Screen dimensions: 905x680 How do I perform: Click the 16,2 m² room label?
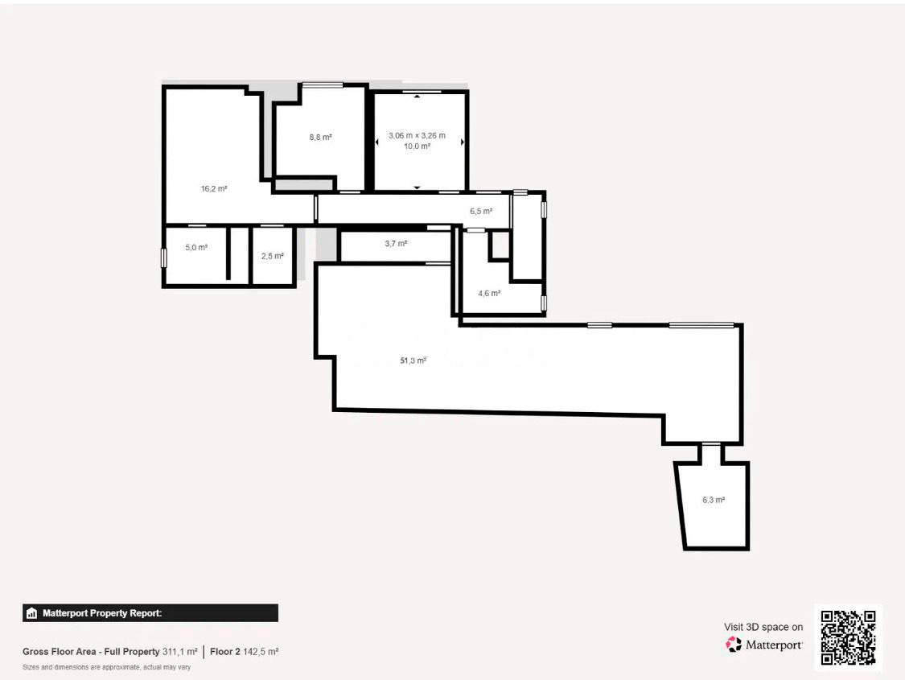pyautogui.click(x=213, y=189)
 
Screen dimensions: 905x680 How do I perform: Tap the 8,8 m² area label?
pyautogui.click(x=320, y=138)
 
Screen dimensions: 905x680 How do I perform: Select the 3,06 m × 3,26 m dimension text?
pyautogui.click(x=417, y=136)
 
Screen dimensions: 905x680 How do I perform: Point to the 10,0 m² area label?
pyautogui.click(x=417, y=146)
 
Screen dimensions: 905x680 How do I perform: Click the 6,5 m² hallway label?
pyautogui.click(x=481, y=212)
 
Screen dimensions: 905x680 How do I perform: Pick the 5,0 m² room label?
pyautogui.click(x=196, y=248)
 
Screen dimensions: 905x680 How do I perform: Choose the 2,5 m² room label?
pyautogui.click(x=273, y=256)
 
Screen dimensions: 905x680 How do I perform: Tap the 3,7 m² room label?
pyautogui.click(x=396, y=244)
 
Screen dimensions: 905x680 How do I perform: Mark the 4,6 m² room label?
pyautogui.click(x=489, y=293)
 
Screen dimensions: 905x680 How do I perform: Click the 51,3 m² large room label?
pyautogui.click(x=413, y=361)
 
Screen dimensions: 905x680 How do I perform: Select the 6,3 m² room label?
pyautogui.click(x=714, y=500)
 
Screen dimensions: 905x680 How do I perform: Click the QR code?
pyautogui.click(x=848, y=638)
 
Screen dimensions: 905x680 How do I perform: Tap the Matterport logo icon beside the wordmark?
pyautogui.click(x=734, y=645)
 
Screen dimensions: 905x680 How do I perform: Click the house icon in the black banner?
pyautogui.click(x=31, y=613)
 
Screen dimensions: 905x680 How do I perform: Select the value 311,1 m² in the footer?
pyautogui.click(x=180, y=652)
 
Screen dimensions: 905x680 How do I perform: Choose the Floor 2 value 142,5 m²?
pyautogui.click(x=261, y=652)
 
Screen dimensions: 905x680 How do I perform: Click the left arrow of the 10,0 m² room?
pyautogui.click(x=377, y=142)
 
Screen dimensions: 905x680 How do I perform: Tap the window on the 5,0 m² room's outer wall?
pyautogui.click(x=164, y=258)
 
